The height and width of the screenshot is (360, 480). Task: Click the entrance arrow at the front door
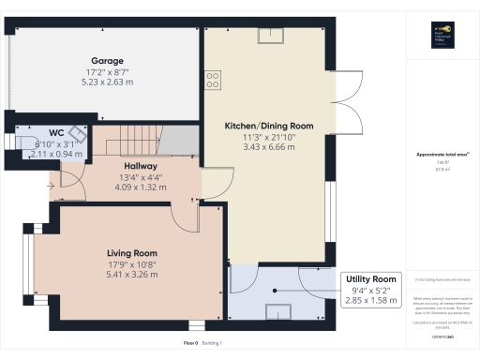(52, 185)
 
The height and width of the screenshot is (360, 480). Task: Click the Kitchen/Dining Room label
(268, 126)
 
